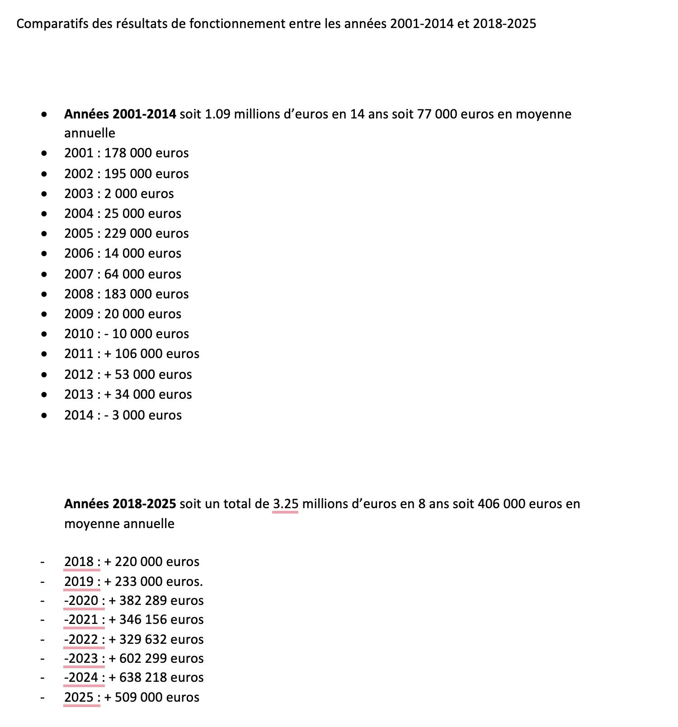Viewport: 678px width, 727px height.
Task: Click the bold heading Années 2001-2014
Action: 120,114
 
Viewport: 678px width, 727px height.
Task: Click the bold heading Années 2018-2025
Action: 120,504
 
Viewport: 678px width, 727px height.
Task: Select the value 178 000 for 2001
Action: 128,153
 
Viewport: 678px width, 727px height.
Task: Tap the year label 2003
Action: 79,194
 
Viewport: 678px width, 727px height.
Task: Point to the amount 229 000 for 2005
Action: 128,233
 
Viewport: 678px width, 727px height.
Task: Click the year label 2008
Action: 79,294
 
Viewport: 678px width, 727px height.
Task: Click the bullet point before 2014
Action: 44,415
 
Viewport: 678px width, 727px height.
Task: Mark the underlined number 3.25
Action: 285,504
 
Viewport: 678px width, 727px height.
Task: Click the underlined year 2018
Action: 79,562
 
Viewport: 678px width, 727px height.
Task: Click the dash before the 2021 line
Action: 42,619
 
